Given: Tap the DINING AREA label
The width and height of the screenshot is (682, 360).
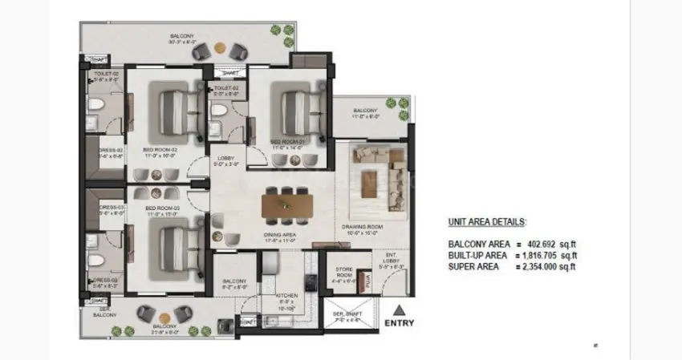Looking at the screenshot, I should point(280,235).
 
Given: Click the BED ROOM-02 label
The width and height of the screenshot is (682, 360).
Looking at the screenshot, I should point(160,150).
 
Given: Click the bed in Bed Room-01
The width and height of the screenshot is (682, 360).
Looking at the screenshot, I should point(292,107).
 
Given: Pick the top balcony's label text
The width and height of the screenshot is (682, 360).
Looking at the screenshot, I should point(181,36).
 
